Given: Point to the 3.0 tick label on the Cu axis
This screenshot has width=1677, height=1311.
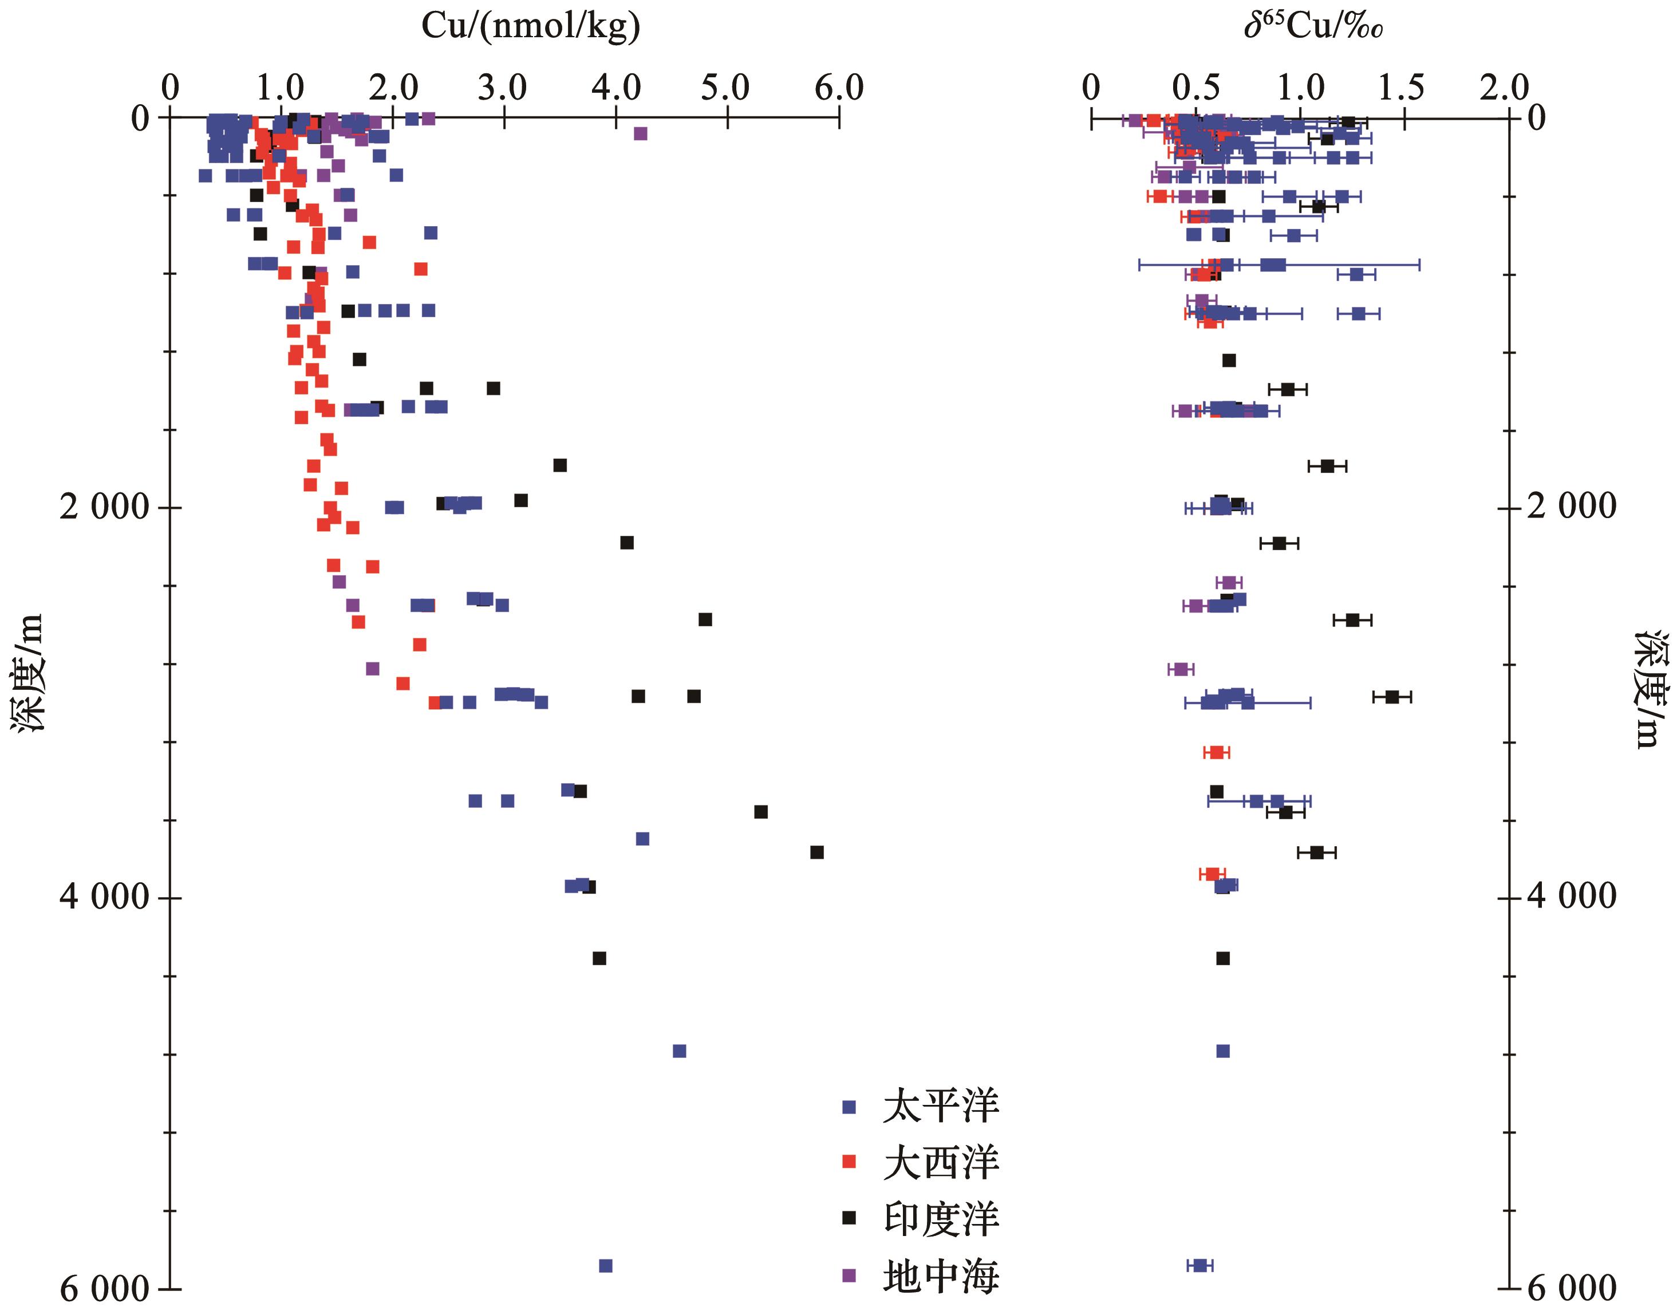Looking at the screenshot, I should coord(503,88).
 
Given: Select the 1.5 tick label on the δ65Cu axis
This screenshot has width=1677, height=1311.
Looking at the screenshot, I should coord(1402,88).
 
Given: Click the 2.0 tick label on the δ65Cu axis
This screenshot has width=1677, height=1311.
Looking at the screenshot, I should coord(1505,88).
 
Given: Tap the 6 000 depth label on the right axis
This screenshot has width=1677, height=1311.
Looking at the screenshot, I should coord(1572,1289).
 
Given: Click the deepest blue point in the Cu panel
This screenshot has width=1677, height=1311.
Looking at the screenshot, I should coord(606,1266).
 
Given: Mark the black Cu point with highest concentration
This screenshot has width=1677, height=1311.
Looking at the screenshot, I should coord(817,852).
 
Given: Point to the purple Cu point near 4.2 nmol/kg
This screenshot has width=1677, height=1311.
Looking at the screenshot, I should coord(640,133).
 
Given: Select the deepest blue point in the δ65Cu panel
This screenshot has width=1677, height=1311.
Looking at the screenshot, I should coord(1200,1266).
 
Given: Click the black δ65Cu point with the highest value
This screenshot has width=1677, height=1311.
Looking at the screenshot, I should coord(1391,697).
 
